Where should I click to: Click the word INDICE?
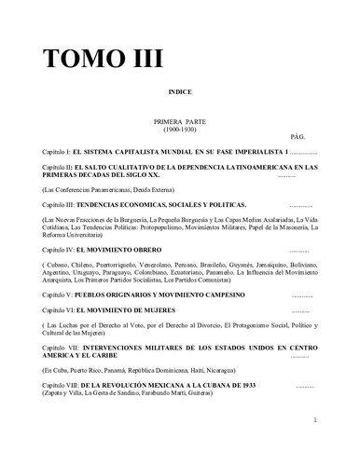tap(180, 94)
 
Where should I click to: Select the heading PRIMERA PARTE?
tap(180, 122)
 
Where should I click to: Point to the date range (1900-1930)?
tap(180, 130)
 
